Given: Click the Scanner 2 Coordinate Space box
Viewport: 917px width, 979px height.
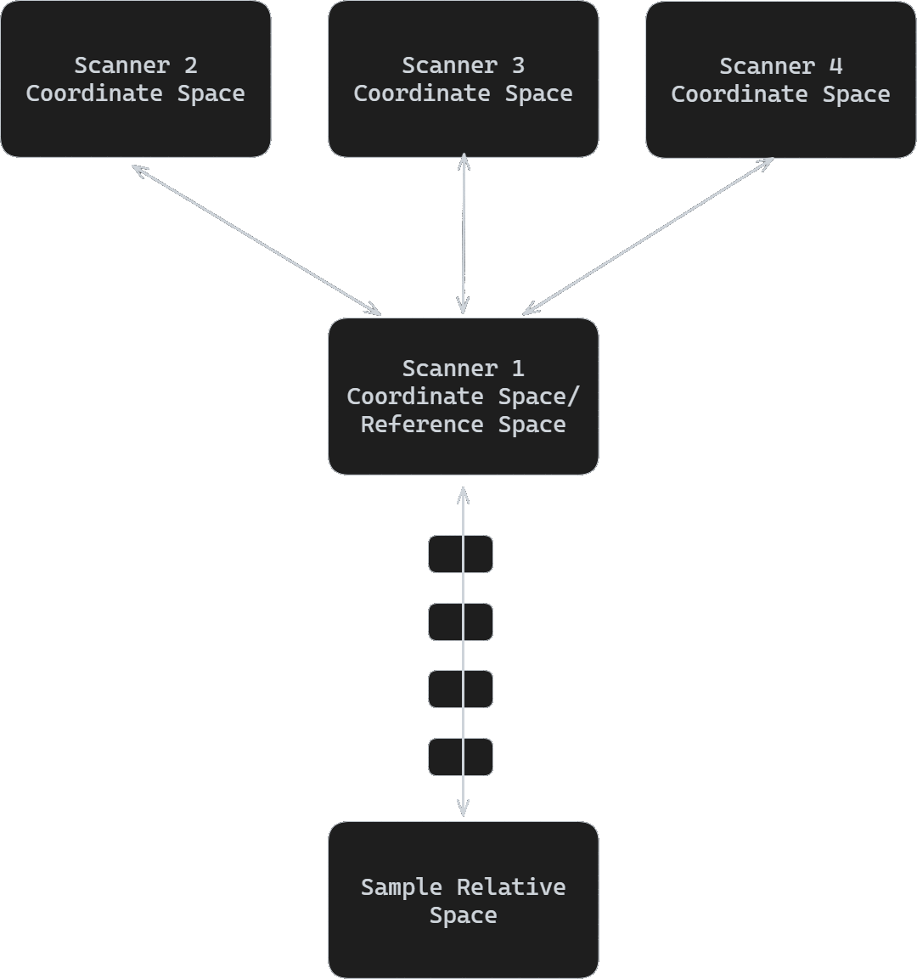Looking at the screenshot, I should click(136, 79).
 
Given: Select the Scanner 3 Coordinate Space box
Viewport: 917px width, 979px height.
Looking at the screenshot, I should click(463, 79).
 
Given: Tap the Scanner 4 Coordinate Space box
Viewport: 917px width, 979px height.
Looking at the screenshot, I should click(780, 79).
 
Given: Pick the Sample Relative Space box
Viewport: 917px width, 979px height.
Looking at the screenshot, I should click(463, 899).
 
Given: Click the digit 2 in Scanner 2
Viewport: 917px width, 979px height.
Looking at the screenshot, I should click(191, 65).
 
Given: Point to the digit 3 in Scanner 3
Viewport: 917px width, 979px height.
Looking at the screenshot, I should click(518, 65).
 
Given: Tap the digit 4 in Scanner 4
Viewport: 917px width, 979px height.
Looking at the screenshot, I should click(835, 65).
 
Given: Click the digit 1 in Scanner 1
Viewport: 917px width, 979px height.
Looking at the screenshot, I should click(518, 369).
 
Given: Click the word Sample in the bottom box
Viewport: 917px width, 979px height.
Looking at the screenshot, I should click(402, 887).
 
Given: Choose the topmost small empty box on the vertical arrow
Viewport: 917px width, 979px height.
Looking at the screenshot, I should click(460, 554).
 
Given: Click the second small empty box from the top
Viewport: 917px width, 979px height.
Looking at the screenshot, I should click(460, 622).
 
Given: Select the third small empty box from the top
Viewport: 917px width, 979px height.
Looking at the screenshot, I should click(460, 689).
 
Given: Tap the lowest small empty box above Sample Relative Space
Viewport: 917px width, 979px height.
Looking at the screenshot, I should click(460, 757).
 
